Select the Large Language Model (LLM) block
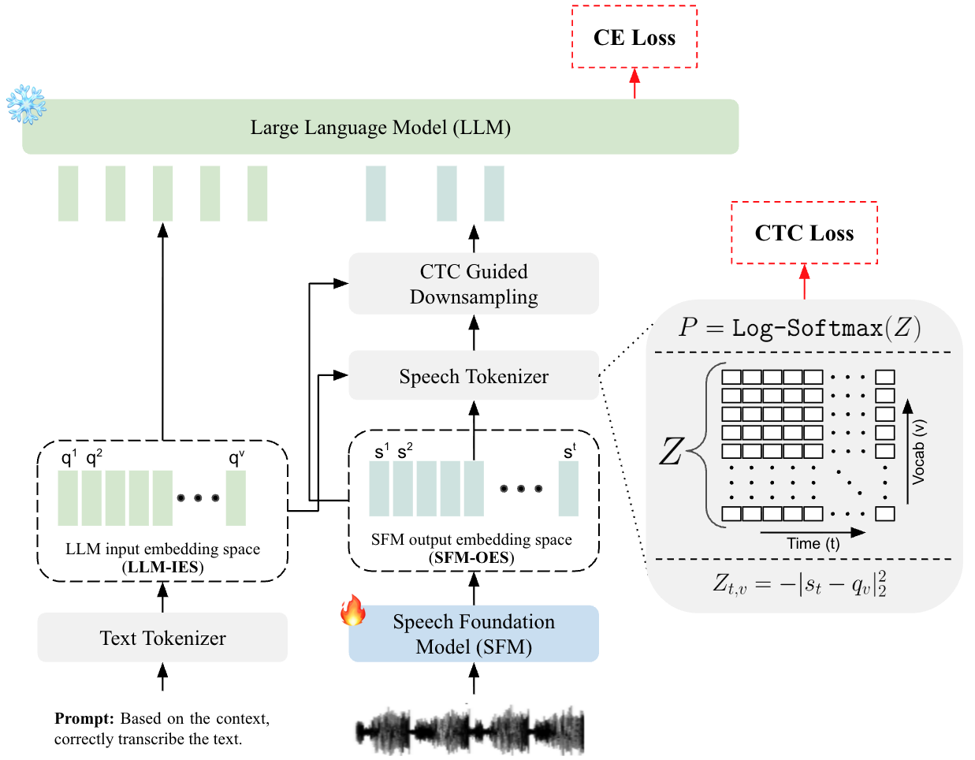(x=380, y=126)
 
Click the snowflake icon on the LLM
(x=26, y=104)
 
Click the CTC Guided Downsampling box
(x=474, y=283)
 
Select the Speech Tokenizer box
(x=474, y=375)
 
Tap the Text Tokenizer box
(x=162, y=637)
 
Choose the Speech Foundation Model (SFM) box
(x=474, y=633)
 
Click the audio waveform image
(x=470, y=730)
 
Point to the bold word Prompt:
(x=84, y=718)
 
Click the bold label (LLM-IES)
(x=162, y=567)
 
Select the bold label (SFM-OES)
(x=471, y=557)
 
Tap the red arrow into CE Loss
(x=634, y=84)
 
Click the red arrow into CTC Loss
(x=804, y=281)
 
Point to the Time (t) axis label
(x=813, y=543)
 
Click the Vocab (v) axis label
(x=918, y=451)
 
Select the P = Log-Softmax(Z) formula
(x=799, y=326)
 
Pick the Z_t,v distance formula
(x=799, y=584)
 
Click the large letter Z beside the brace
(x=672, y=451)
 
